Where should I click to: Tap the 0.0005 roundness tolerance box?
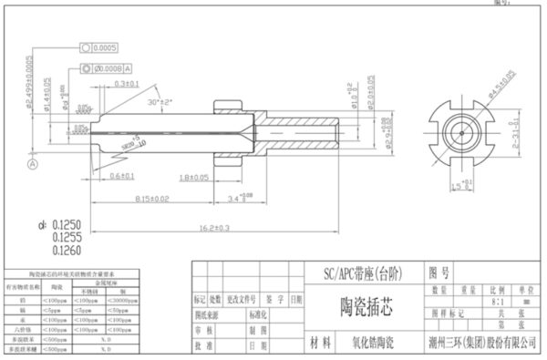pos(105,46)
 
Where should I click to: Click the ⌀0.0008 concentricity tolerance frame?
pos(111,67)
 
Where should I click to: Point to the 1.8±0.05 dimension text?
pos(192,176)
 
